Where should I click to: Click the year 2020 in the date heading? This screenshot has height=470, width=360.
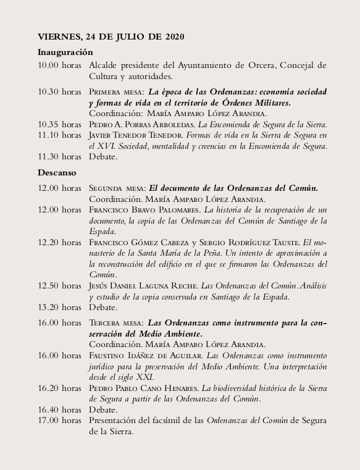pyautogui.click(x=174, y=38)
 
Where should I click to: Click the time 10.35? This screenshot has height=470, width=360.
pyautogui.click(x=49, y=124)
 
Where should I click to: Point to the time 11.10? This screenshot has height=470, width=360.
pyautogui.click(x=49, y=135)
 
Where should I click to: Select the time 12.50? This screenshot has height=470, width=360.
pyautogui.click(x=49, y=285)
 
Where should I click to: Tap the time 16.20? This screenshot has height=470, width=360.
pyautogui.click(x=49, y=388)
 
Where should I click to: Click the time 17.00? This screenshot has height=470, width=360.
pyautogui.click(x=49, y=421)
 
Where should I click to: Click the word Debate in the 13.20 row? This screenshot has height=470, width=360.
pyautogui.click(x=103, y=307)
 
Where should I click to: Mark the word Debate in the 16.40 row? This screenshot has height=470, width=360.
pyautogui.click(x=103, y=409)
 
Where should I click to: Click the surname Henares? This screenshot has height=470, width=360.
pyautogui.click(x=179, y=388)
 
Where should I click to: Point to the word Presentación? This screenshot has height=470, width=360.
pyautogui.click(x=117, y=421)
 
